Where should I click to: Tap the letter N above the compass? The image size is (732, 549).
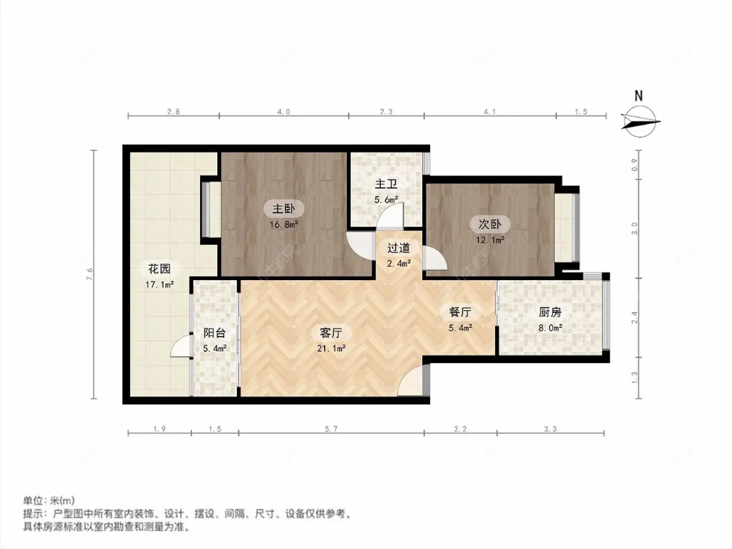pyautogui.click(x=639, y=96)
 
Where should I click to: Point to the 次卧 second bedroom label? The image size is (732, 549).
pyautogui.click(x=489, y=223)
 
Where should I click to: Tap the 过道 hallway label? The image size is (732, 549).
pyautogui.click(x=398, y=248)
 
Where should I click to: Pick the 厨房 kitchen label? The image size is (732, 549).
pyautogui.click(x=550, y=313)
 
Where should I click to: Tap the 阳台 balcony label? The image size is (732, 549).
pyautogui.click(x=215, y=334)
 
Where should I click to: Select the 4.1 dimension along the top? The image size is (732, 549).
pyautogui.click(x=490, y=112)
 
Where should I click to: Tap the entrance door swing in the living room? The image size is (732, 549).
pyautogui.click(x=410, y=382)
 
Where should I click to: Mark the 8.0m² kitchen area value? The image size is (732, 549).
pyautogui.click(x=550, y=326)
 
